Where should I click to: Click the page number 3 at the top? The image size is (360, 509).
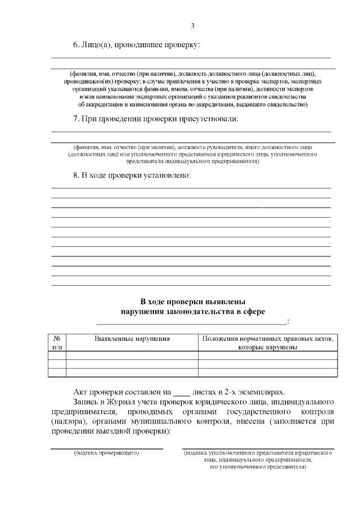[x=192, y=26]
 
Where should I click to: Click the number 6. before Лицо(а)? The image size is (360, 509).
[x=77, y=44]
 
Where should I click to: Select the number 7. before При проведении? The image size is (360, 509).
[x=77, y=118]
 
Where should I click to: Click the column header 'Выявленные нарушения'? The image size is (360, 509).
[x=132, y=339]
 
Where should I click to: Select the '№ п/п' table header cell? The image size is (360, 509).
[x=57, y=343]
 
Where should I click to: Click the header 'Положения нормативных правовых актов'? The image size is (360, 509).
[x=268, y=339]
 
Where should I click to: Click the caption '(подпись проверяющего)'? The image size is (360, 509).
[x=107, y=452]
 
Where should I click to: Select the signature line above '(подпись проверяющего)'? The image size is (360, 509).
[x=107, y=448]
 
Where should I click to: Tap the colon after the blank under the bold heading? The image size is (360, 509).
[x=288, y=321]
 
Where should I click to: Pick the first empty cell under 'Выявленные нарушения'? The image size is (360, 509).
[x=132, y=355]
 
